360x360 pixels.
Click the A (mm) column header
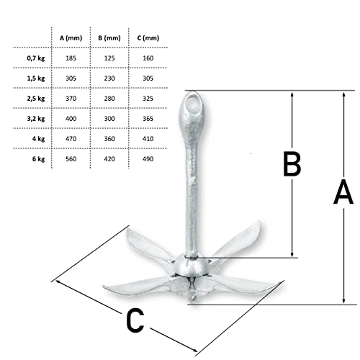71,38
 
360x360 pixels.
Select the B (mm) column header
109,38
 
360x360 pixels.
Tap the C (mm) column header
148,38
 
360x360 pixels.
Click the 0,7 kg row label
36,58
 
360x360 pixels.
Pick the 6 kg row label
38,159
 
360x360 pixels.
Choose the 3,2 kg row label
36,119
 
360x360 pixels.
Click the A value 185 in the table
71,58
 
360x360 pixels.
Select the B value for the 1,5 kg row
109,78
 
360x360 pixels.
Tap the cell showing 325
148,99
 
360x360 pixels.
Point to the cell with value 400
71,119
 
